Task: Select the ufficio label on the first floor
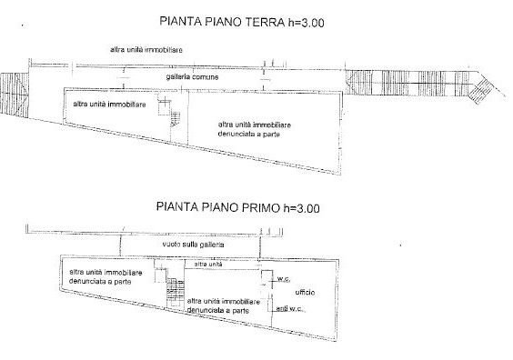[x=305, y=292]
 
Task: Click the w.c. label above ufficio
[x=284, y=278]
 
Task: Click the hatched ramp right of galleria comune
[x=418, y=84]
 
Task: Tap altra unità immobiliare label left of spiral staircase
[x=108, y=105]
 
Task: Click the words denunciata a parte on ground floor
[x=248, y=133]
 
